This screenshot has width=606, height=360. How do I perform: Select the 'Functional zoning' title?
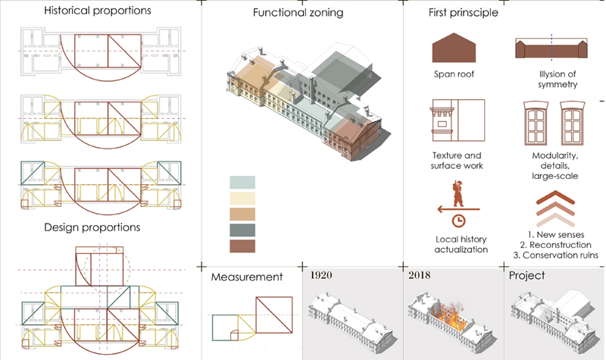[x=298, y=13]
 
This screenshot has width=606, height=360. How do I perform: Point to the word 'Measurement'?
[x=248, y=277]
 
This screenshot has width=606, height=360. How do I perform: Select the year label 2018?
[x=419, y=274]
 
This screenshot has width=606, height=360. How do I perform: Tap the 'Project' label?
[x=527, y=276]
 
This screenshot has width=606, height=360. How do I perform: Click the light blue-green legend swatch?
[x=242, y=182]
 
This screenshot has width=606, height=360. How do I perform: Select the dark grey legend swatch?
[x=242, y=230]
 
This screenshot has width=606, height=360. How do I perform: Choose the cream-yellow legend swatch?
[x=242, y=198]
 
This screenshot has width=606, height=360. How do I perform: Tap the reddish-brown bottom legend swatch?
[x=242, y=246]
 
